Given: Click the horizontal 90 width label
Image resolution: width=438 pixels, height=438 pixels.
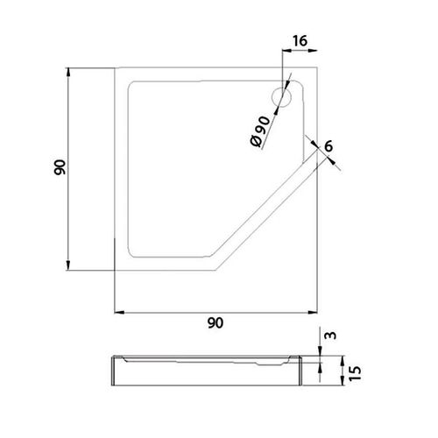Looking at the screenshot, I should tap(216, 323).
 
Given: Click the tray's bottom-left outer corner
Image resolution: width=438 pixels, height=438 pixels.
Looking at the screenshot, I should tap(116, 271).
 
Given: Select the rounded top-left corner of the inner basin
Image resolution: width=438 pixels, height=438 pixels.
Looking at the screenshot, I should tap(134, 86).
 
